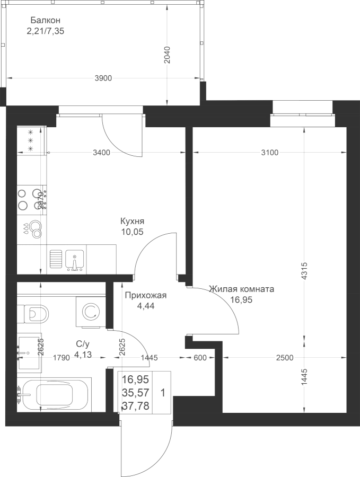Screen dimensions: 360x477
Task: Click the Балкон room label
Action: tap(46, 20)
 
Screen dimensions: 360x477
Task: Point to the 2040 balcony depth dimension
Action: tap(167, 55)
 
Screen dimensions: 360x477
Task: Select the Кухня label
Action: tap(132, 221)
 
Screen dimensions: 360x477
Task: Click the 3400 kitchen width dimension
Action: tap(101, 153)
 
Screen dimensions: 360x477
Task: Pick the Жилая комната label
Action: tap(242, 289)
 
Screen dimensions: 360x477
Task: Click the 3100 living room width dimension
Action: tap(270, 153)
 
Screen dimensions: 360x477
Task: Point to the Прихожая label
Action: tap(146, 295)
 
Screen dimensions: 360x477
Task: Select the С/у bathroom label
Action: tap(83, 344)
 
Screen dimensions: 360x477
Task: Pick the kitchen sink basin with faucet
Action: tap(74, 260)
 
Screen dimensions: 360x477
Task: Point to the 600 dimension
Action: tap(200, 358)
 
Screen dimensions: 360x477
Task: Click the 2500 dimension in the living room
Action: tap(285, 358)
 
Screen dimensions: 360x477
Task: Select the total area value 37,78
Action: tap(135, 405)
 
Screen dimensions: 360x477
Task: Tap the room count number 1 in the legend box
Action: tap(162, 393)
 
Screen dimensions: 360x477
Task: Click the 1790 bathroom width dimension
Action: tap(62, 358)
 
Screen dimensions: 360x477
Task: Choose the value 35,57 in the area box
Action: tap(135, 393)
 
